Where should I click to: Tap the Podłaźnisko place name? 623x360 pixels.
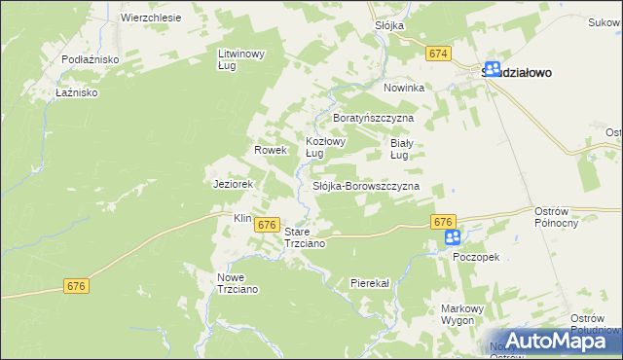[90, 59]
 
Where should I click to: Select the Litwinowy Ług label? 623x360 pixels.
[240, 59]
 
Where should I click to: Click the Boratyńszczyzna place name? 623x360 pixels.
[374, 117]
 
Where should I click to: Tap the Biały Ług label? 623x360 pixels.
[405, 147]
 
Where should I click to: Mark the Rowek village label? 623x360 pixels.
[270, 150]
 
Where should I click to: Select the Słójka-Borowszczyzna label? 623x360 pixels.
[365, 185]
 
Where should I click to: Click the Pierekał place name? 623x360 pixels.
[369, 282]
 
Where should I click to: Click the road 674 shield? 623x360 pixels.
[438, 54]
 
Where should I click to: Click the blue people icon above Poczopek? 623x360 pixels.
[453, 237]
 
